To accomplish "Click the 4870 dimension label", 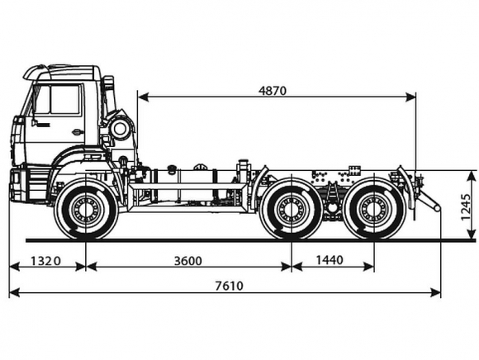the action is pyautogui.click(x=273, y=91).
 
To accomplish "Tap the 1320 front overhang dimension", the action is pyautogui.click(x=45, y=261).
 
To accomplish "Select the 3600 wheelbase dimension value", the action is pyautogui.click(x=188, y=261).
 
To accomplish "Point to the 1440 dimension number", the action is pyautogui.click(x=330, y=260).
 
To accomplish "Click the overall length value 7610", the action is pyautogui.click(x=230, y=286).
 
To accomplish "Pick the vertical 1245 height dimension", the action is pyautogui.click(x=466, y=206).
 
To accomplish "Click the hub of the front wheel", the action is pyautogui.click(x=86, y=210).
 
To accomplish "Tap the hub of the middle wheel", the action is pyautogui.click(x=292, y=210).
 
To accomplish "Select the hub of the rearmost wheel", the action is pyautogui.click(x=374, y=210).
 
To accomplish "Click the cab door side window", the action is pyautogui.click(x=64, y=100).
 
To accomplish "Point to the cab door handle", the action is pyautogui.click(x=78, y=132).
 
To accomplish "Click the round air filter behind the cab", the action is pyautogui.click(x=120, y=129).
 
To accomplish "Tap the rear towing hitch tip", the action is pyautogui.click(x=437, y=208).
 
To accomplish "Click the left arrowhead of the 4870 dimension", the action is pyautogui.click(x=143, y=97).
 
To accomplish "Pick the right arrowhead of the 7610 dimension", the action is pyautogui.click(x=435, y=292).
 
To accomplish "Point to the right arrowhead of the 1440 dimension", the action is pyautogui.click(x=368, y=267).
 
